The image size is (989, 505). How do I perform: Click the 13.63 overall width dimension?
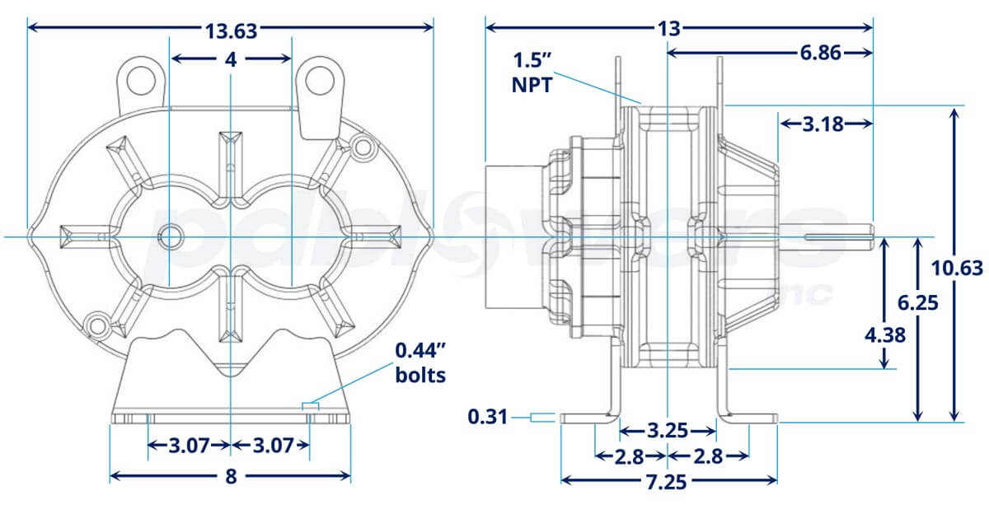[231, 30]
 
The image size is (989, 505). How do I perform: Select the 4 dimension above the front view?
[231, 60]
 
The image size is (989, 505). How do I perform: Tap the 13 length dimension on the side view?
[668, 29]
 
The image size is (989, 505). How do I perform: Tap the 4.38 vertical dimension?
[884, 334]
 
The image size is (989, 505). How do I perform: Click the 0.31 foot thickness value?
[489, 418]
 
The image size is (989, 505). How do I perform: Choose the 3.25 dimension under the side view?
[666, 431]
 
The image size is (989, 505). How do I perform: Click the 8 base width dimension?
[231, 476]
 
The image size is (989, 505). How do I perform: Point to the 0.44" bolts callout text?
[420, 362]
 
